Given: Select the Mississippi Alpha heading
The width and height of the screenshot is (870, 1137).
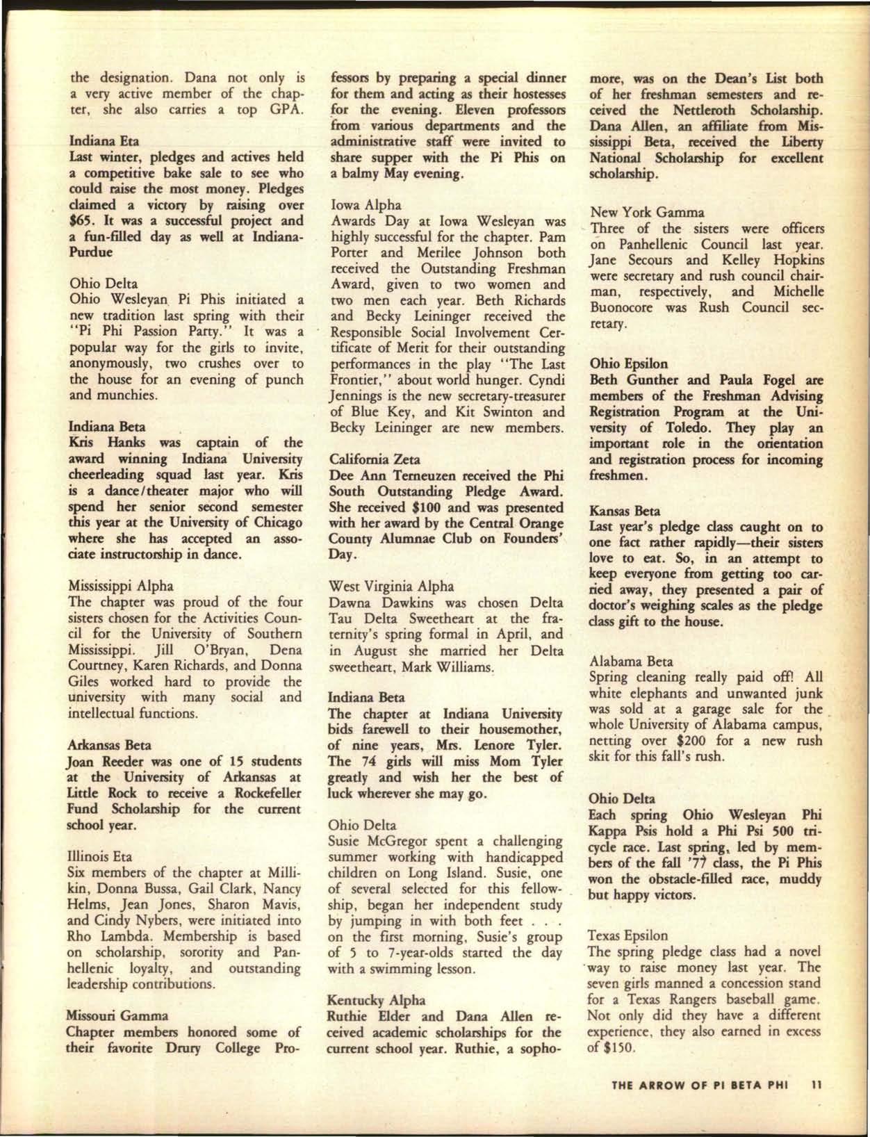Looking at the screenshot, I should pos(121,586).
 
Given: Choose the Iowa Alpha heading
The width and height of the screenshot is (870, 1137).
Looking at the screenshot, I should pos(362,205).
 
